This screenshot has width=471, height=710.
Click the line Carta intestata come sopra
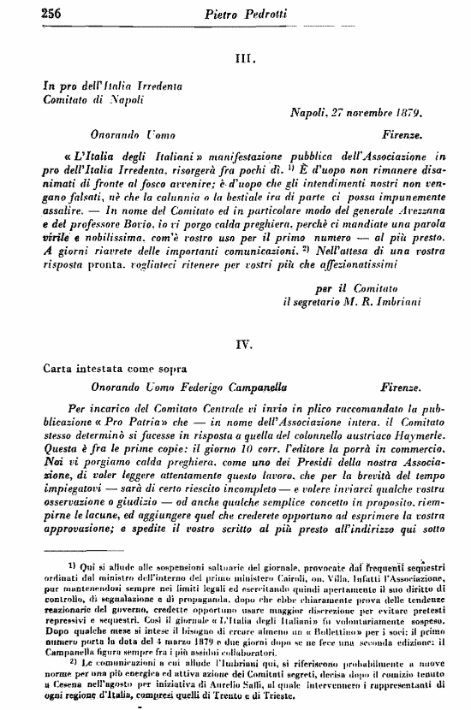(x=105, y=368)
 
